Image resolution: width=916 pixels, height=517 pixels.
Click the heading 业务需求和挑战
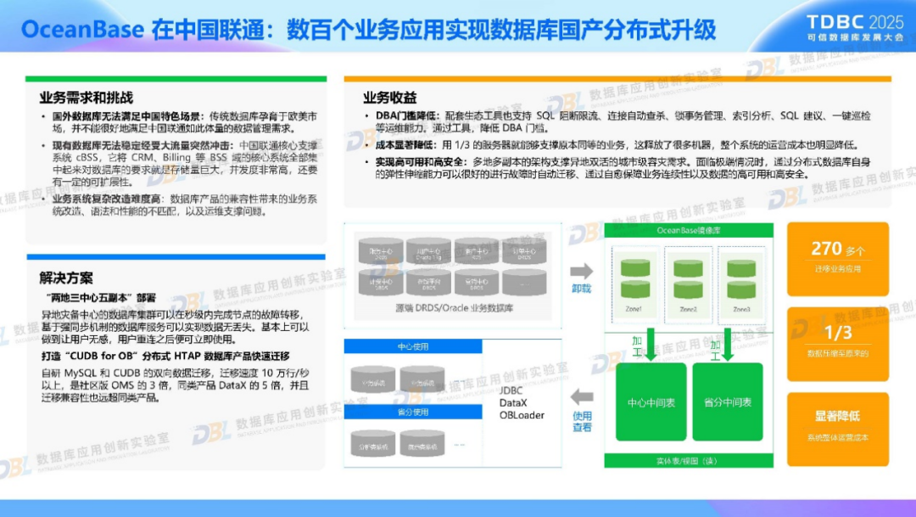tap(86, 98)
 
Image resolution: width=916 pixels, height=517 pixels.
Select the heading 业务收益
tap(390, 98)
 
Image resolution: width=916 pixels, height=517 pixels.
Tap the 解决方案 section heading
tap(66, 278)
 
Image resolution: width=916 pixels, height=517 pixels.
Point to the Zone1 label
tap(634, 309)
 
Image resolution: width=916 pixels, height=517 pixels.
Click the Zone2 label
tap(687, 309)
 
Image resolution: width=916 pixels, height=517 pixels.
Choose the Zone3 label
tap(741, 309)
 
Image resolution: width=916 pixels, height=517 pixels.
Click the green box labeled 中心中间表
tap(651, 402)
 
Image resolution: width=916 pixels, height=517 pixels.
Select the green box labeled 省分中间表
tap(727, 402)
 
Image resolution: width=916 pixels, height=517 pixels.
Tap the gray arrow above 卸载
tap(581, 271)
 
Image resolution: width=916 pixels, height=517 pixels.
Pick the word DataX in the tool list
tap(514, 402)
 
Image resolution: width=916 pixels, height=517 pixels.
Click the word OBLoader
tap(522, 415)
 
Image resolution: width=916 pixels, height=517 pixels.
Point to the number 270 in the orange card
tap(826, 249)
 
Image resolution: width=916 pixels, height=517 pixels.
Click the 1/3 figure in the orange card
tap(838, 333)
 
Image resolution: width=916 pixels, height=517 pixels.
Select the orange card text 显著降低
tap(837, 416)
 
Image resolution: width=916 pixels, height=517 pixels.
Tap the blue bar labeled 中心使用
tap(413, 347)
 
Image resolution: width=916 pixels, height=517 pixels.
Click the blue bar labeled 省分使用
tap(413, 412)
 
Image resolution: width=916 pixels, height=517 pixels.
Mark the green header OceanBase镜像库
tap(688, 231)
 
